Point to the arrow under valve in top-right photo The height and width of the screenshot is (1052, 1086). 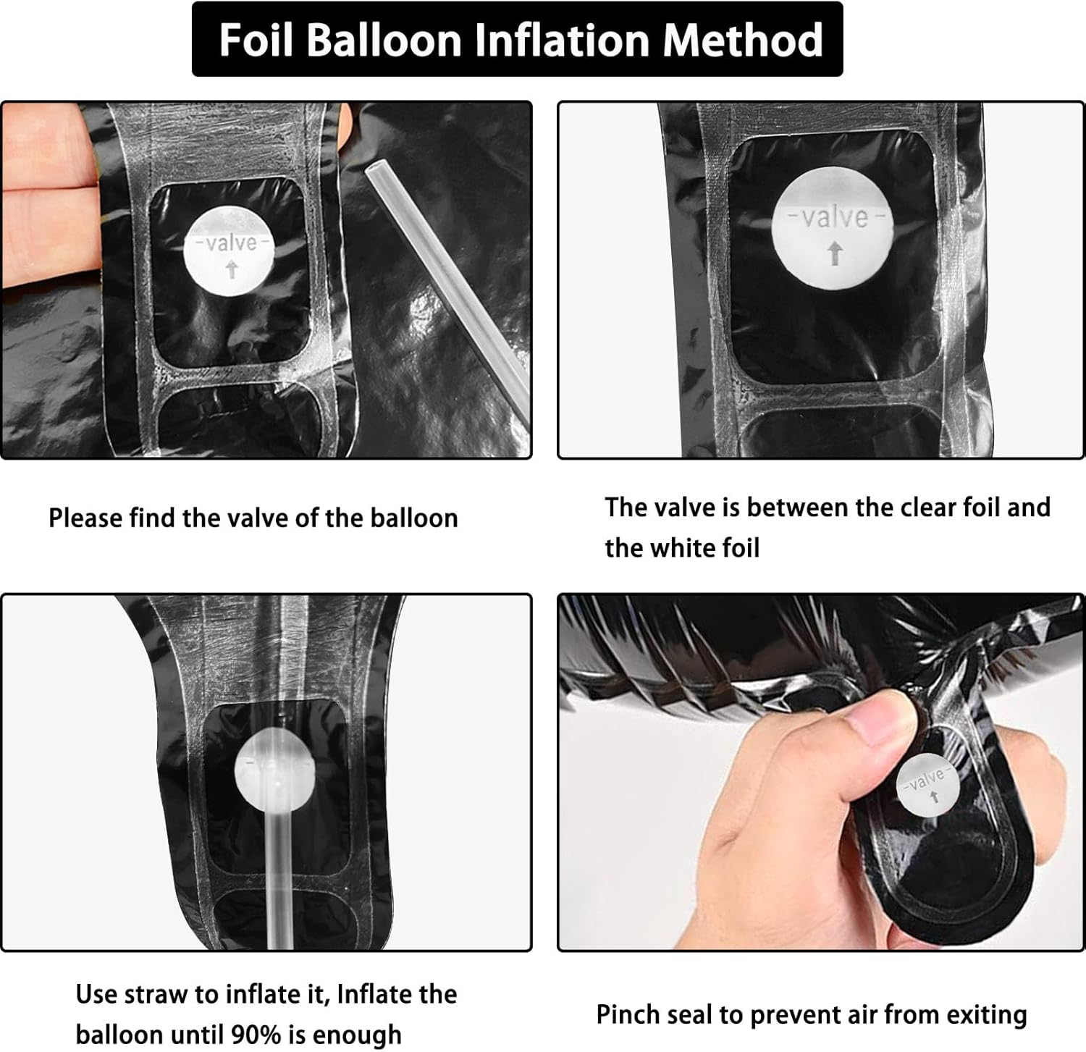835,253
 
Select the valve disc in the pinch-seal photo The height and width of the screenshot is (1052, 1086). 927,788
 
